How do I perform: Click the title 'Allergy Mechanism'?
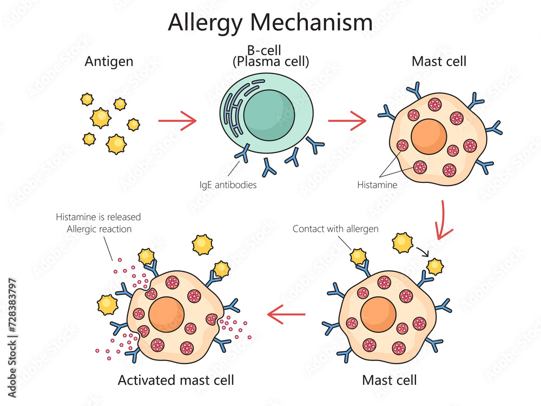tap(270, 23)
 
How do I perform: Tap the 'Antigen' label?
tap(109, 61)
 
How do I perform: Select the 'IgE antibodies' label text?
tap(228, 185)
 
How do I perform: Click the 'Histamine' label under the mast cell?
tap(377, 185)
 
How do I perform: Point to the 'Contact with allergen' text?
tap(335, 228)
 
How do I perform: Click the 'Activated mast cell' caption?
tap(176, 380)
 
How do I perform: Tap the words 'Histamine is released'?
tap(98, 217)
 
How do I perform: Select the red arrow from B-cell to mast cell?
tap(347, 121)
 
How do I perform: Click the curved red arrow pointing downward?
tap(445, 220)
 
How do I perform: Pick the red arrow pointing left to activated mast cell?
tap(287, 313)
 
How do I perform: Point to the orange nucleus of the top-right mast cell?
tap(428, 135)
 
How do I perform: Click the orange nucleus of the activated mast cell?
tap(167, 315)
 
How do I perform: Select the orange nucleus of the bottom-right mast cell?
tap(378, 315)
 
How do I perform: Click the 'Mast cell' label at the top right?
tap(439, 61)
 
